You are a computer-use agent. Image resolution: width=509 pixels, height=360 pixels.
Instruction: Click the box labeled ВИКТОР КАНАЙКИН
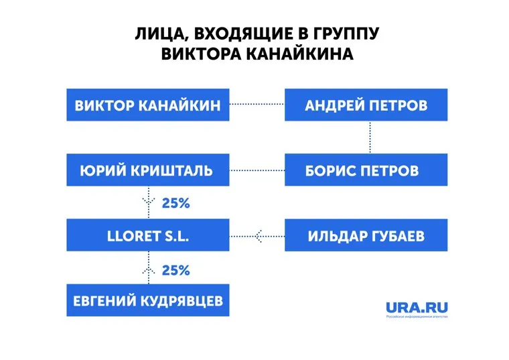pos(148,105)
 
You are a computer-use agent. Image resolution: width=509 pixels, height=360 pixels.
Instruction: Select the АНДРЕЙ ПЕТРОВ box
pos(366,105)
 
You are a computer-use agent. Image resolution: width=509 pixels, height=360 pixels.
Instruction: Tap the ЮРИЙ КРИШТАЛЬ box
pos(148,170)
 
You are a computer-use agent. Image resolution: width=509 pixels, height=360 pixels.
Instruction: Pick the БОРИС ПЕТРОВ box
pos(366,170)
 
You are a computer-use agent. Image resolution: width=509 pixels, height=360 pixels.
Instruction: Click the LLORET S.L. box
pos(148,235)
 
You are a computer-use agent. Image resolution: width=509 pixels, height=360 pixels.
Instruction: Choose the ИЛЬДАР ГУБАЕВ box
pos(366,235)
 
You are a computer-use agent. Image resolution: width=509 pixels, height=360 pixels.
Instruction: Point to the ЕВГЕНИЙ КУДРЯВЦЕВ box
pos(148,301)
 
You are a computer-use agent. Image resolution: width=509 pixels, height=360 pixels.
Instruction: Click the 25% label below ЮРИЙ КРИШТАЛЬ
pos(176,202)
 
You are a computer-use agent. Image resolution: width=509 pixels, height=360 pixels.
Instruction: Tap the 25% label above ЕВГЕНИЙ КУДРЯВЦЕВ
pos(176,270)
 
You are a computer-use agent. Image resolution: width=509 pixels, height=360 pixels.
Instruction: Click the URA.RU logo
pos(417,309)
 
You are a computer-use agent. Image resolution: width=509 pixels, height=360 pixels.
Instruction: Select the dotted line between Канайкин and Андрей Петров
pos(257,104)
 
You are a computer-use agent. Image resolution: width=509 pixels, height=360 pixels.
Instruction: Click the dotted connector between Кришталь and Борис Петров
pos(257,170)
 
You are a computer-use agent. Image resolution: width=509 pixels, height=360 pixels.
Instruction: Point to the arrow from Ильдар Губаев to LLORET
pos(257,235)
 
